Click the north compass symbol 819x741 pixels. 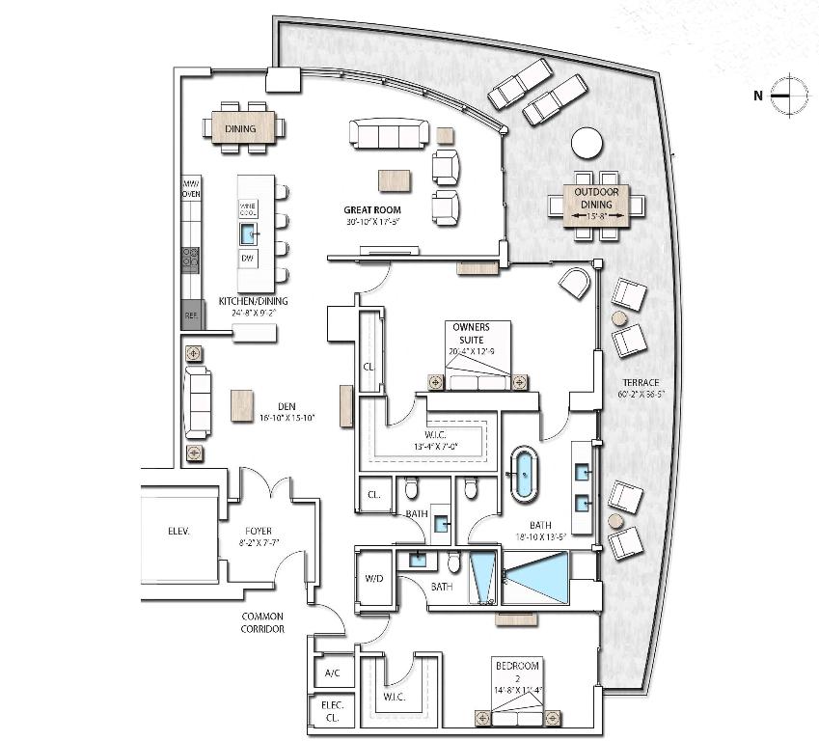(789, 95)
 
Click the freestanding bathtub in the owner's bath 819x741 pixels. (524, 473)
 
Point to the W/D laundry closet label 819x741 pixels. (374, 580)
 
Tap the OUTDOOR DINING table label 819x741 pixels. (596, 198)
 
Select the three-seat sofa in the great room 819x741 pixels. (389, 135)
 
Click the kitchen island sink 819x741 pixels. (248, 233)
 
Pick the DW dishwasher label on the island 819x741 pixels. (248, 259)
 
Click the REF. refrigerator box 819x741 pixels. (190, 316)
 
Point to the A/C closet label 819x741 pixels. (333, 672)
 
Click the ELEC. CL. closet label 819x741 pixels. (332, 711)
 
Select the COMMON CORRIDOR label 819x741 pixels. (262, 622)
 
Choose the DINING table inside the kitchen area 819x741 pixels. (241, 128)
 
